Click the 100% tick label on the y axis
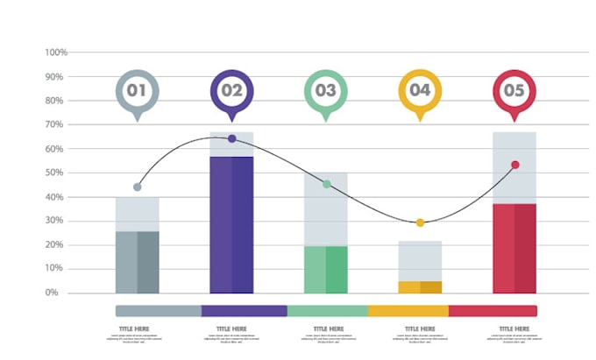pos(55,53)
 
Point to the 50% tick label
pos(57,173)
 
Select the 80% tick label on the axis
pos(57,101)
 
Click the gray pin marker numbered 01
pos(137,90)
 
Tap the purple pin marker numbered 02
pos(231,90)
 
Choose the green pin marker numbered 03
pos(326,90)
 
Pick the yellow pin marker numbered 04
pos(420,90)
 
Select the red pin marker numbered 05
pos(514,90)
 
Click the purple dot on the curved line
pos(231,138)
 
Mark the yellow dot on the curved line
pos(420,222)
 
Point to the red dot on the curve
pos(515,165)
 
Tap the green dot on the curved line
pos(326,184)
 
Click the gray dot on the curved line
pos(137,187)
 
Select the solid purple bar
pos(231,224)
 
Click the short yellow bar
pos(420,287)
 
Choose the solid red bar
pos(514,248)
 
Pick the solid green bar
pos(326,269)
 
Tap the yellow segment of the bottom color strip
pos(408,311)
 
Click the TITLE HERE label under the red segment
pos(513,329)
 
